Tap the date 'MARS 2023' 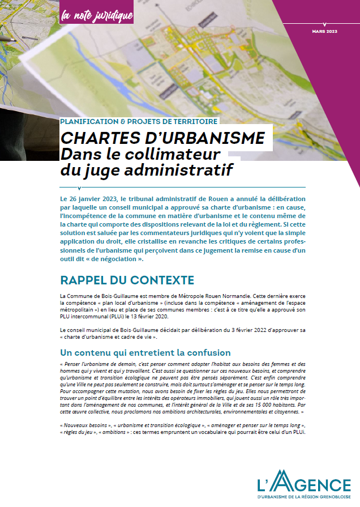(324, 31)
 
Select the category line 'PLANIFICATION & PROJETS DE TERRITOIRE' (138, 121)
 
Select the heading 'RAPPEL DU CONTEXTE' (127, 280)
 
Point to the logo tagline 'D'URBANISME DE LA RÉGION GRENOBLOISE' (304, 496)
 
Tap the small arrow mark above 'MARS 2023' (324, 24)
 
